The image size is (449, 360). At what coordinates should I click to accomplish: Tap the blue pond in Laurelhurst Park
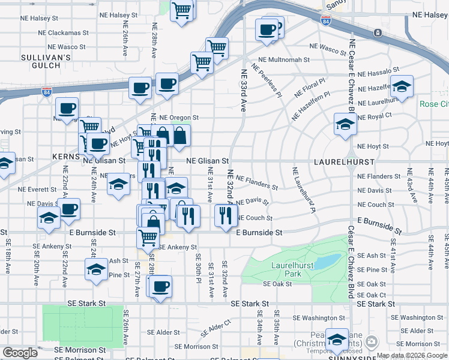click(x=325, y=262)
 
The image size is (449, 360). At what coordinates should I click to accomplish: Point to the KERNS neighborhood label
click(x=68, y=156)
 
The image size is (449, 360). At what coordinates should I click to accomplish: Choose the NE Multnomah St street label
click(x=284, y=60)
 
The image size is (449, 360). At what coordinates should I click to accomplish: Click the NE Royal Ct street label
click(x=375, y=116)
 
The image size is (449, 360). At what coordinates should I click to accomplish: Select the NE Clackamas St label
click(x=64, y=32)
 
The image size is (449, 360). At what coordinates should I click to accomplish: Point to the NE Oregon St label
click(x=179, y=118)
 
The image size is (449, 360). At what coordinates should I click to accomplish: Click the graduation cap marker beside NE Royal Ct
click(x=345, y=125)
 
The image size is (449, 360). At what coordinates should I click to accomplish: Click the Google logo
click(x=20, y=353)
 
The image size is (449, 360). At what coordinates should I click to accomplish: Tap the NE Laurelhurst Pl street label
click(x=304, y=190)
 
